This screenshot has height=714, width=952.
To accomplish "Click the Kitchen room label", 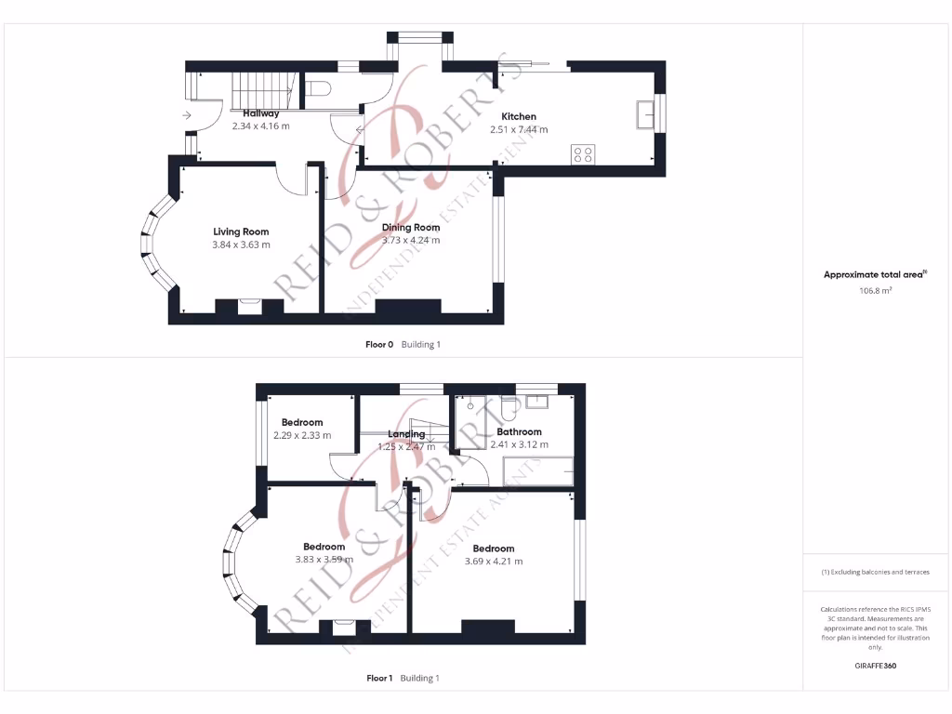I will tap(518, 117).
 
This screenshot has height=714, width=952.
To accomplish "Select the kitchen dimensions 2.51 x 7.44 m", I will tap(518, 130).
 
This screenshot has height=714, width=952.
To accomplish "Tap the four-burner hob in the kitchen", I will tap(583, 154).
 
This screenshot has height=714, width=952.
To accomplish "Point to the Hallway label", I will tap(260, 113).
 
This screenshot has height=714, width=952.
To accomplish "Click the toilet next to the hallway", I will tap(319, 89).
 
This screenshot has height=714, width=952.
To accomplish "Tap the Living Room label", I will tap(241, 231).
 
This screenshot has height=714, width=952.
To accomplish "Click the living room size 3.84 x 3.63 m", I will tap(241, 245).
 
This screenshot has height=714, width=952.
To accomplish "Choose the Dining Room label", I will tap(410, 228).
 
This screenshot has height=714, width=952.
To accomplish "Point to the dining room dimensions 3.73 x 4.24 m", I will tap(410, 241).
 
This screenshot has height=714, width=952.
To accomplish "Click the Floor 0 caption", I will tap(379, 345).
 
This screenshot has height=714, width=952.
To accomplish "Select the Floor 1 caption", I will tap(379, 679).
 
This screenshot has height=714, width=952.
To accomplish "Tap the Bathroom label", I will tap(519, 432).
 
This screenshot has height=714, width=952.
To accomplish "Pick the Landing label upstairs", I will tap(406, 434).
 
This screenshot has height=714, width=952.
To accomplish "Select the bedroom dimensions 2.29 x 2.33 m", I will tap(302, 435).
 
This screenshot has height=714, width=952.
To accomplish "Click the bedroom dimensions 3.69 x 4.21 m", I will tap(493, 562).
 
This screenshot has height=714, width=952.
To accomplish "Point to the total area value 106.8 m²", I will tap(875, 291).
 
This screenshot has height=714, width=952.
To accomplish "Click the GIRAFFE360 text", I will tap(875, 667).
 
